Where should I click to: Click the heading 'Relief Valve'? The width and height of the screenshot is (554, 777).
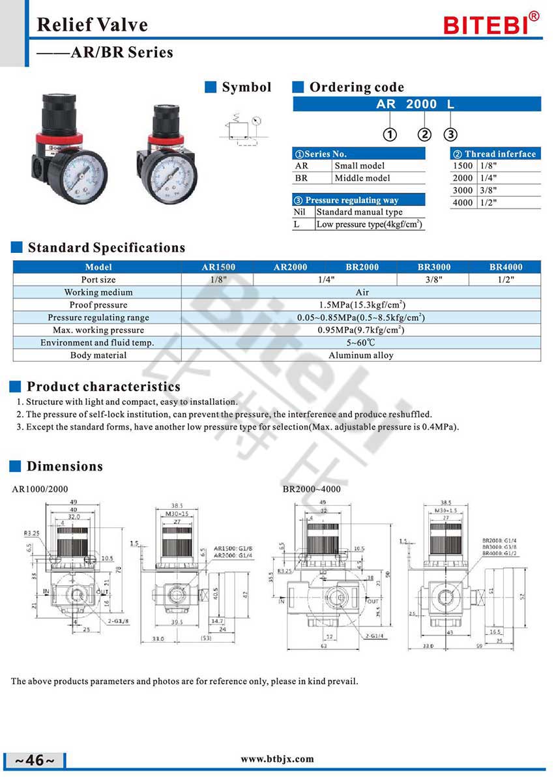(92, 25)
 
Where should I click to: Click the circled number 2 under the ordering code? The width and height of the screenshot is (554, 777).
(424, 135)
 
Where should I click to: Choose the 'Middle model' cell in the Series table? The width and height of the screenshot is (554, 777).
(362, 178)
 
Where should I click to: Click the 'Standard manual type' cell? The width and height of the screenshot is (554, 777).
(359, 212)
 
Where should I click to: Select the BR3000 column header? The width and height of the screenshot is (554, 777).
(434, 267)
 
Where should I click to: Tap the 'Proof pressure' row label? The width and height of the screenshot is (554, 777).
(98, 305)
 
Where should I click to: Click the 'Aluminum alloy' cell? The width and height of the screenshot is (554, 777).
(361, 355)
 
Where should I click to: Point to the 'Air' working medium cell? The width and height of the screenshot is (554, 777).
(361, 293)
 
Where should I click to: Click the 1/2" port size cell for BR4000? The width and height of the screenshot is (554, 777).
(505, 280)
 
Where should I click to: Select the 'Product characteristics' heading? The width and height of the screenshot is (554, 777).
(104, 387)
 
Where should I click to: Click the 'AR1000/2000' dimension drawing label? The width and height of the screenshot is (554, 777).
(40, 489)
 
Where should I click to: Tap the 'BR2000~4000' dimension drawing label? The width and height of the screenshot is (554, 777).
(312, 489)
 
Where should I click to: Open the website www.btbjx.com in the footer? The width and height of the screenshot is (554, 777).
(277, 759)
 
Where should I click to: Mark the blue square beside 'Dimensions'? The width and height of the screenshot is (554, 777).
(16, 466)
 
